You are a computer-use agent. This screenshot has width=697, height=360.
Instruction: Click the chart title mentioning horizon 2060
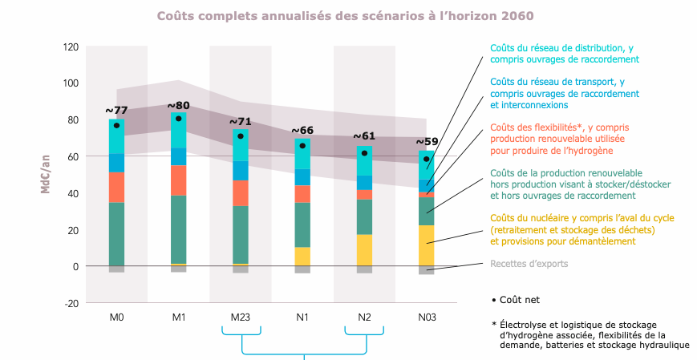tap(345, 15)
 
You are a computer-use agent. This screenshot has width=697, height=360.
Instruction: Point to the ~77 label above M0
tap(117, 111)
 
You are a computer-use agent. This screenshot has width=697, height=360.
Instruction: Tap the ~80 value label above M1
tap(179, 105)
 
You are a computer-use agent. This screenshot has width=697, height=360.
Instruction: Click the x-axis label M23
tap(241, 318)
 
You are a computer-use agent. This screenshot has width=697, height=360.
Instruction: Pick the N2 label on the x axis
tap(365, 318)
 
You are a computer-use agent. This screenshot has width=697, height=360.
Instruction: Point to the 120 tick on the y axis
tap(71, 47)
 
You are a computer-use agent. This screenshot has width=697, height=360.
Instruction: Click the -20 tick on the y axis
tap(71, 303)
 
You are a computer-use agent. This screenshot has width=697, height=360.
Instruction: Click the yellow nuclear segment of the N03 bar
tap(427, 245)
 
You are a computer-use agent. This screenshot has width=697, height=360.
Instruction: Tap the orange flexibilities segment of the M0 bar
tap(117, 188)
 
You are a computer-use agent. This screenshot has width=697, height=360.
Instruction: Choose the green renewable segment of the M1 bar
tap(179, 229)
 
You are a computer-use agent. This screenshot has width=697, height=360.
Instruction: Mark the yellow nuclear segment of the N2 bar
tap(365, 250)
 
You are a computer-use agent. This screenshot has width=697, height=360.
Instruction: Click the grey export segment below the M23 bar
tap(241, 269)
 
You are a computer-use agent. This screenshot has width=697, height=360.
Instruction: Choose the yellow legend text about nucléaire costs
tap(582, 229)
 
